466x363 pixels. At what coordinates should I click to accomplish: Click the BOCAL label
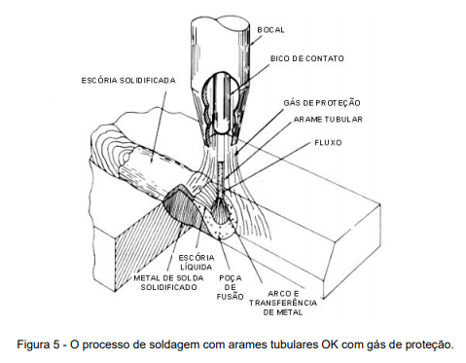point(270,30)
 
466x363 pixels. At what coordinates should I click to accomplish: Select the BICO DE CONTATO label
point(306,58)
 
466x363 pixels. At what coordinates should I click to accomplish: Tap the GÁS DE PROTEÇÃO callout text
point(322,103)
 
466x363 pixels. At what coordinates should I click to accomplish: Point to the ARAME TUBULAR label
point(328,120)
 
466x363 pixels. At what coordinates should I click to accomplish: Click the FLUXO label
point(328,143)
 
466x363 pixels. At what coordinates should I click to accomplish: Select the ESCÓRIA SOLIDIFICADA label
point(128,80)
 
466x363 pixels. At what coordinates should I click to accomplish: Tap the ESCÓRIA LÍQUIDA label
point(197,263)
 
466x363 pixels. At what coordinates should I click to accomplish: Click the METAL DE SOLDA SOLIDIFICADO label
point(168,282)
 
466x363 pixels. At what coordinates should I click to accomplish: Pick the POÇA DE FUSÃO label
point(230,287)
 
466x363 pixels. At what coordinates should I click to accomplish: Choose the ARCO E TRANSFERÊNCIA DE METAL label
point(283,304)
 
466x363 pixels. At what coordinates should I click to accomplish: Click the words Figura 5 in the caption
point(38,345)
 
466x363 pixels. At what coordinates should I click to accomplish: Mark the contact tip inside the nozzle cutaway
point(222,103)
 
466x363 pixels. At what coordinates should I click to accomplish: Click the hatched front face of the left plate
point(146,247)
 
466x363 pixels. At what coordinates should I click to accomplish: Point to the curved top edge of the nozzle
point(221,23)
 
